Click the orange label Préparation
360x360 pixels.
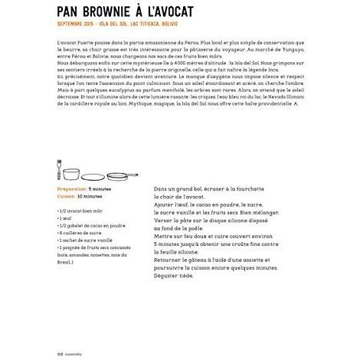point(73,188)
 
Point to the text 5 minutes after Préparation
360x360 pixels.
point(100,188)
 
